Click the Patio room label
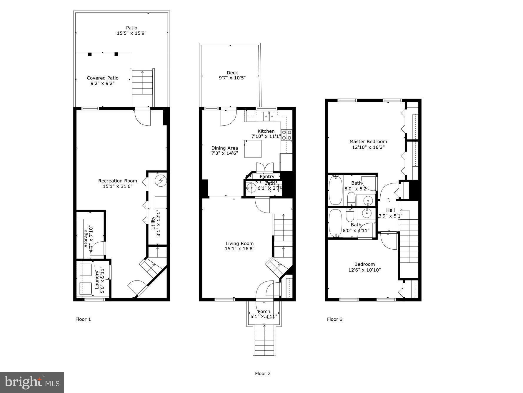(131, 28)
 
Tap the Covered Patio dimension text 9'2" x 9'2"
(102, 83)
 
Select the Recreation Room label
(117, 181)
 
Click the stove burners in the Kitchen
(287, 135)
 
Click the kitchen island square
(253, 149)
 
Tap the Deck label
(232, 72)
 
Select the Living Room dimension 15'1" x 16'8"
(239, 248)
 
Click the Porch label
(264, 311)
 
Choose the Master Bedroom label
(368, 142)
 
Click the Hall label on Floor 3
(390, 210)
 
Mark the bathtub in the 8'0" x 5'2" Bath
(335, 190)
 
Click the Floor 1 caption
(83, 319)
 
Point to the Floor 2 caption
(263, 373)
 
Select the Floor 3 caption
(335, 319)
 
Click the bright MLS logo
(32, 382)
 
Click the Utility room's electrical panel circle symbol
(161, 180)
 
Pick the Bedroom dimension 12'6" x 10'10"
(364, 270)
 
